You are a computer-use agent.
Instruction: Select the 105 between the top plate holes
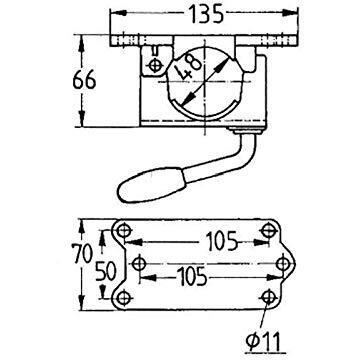coord(208,240)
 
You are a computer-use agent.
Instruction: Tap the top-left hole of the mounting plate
coord(126,231)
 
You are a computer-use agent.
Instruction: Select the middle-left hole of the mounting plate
coord(139,264)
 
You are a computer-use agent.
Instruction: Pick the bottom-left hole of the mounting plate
coord(126,297)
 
